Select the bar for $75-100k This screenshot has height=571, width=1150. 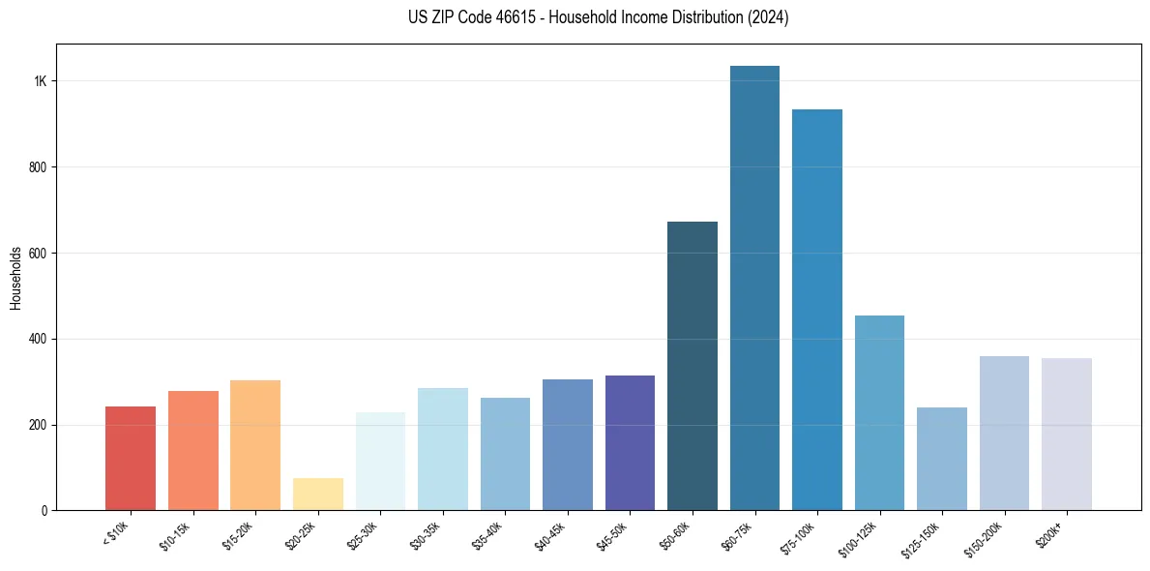817,310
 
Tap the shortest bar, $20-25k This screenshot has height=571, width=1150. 318,494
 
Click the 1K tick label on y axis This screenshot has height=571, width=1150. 40,81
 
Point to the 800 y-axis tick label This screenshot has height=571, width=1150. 38,167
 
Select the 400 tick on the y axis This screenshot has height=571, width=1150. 38,339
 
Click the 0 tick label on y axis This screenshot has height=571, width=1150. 44,510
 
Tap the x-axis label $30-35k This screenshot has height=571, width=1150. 426,535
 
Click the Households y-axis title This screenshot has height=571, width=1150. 15,278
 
